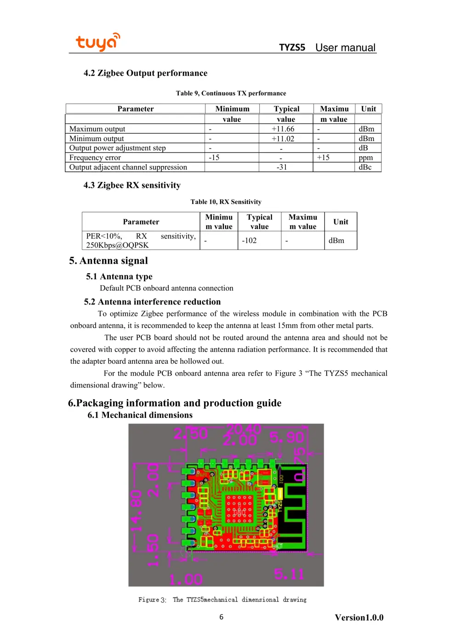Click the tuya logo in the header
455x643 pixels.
tap(97, 42)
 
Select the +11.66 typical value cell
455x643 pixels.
tap(283, 129)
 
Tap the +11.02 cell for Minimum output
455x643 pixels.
tap(283, 139)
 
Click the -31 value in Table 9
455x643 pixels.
tap(281, 167)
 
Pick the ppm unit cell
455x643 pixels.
tap(365, 158)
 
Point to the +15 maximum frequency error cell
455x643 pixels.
tap(323, 158)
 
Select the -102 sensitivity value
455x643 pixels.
tap(249, 241)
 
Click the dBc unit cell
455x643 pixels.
tap(365, 167)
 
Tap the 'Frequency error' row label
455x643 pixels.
tap(95, 158)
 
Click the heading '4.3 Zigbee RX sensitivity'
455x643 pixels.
tap(132, 185)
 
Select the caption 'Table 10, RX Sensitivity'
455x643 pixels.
tap(226, 202)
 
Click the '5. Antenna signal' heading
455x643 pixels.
tap(108, 260)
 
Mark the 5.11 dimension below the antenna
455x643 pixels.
tap(289, 574)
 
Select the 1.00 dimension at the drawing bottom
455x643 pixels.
tap(186, 579)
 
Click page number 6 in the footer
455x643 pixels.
tap(222, 617)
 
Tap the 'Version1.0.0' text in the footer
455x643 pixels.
tap(359, 618)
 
